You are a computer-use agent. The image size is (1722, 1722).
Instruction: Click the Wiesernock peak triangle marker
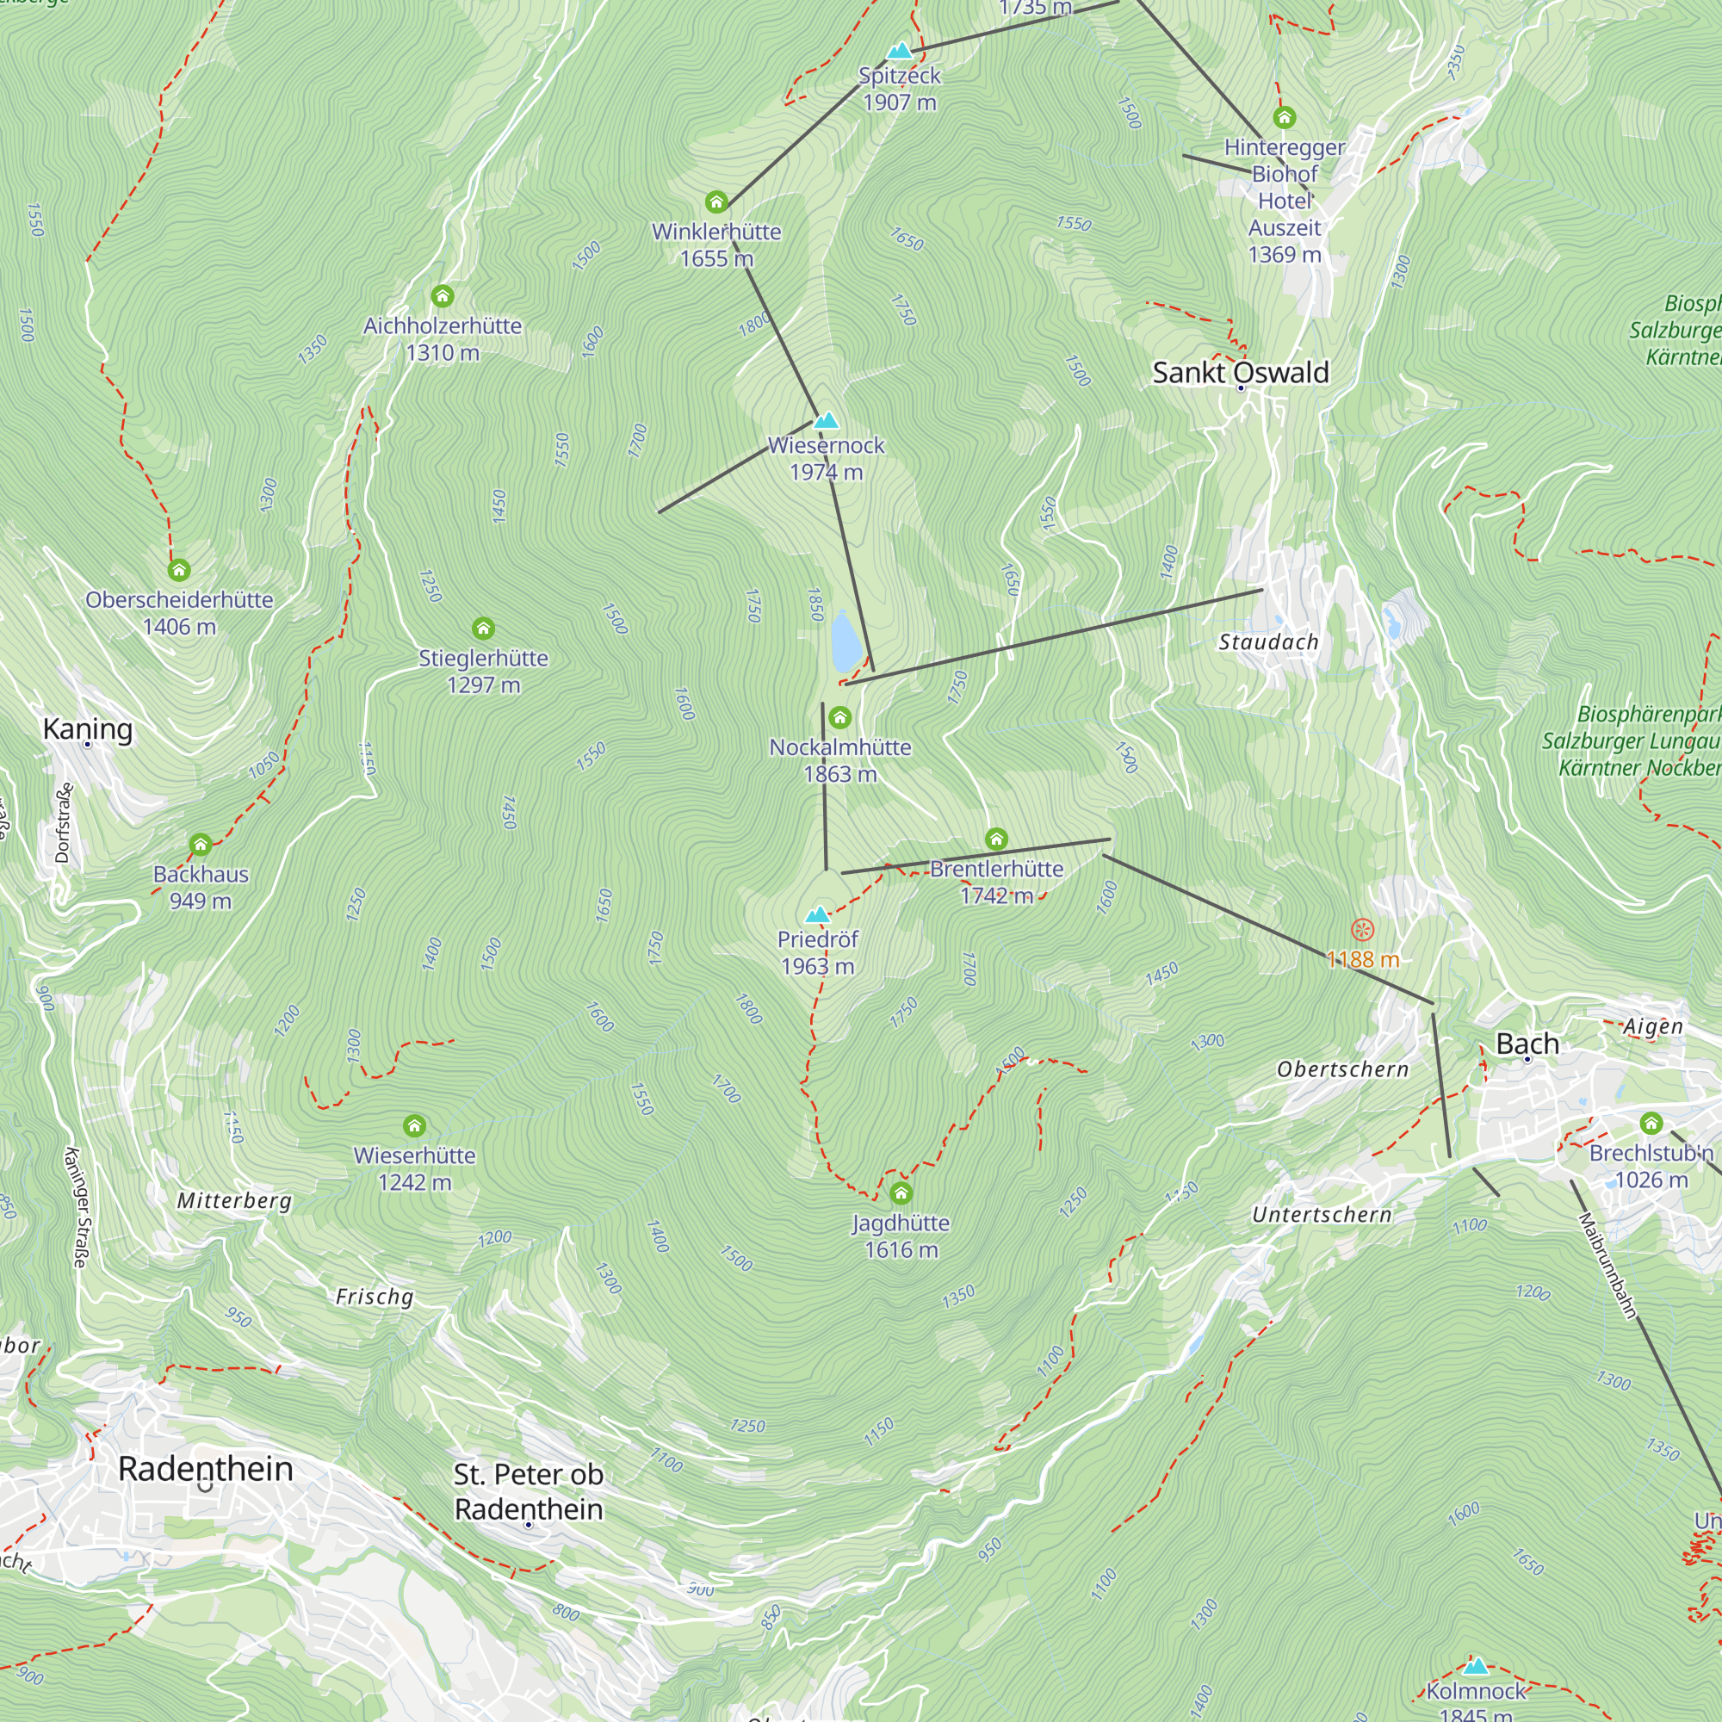[x=827, y=421]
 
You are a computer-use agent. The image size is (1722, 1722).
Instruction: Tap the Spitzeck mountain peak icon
[x=901, y=51]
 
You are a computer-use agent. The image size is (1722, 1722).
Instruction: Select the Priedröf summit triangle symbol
[x=817, y=914]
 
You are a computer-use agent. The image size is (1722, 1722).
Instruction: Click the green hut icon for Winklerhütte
[x=716, y=202]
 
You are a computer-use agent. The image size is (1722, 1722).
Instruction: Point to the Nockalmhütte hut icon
[x=839, y=717]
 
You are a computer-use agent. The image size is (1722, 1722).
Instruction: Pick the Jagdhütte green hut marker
[x=901, y=1193]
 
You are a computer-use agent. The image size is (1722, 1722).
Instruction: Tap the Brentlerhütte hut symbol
[x=996, y=839]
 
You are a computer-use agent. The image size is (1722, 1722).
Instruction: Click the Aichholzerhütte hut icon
[x=443, y=296]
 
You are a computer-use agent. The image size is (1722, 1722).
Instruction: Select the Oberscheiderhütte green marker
[x=179, y=569]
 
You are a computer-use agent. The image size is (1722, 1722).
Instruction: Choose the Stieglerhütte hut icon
[x=483, y=629]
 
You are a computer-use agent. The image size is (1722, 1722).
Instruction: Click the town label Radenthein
[x=206, y=1469]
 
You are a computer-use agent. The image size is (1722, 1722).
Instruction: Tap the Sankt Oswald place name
[x=1240, y=372]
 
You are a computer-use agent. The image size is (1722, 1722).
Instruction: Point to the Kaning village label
[x=87, y=728]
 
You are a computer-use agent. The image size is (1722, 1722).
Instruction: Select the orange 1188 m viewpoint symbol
[x=1362, y=930]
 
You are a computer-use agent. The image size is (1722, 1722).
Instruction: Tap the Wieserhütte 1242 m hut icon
[x=414, y=1125]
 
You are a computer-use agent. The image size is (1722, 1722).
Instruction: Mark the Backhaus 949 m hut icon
[x=201, y=844]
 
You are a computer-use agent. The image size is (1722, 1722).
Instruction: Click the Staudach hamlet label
[x=1267, y=641]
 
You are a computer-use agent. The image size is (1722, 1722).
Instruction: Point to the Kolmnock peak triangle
[x=1476, y=1666]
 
